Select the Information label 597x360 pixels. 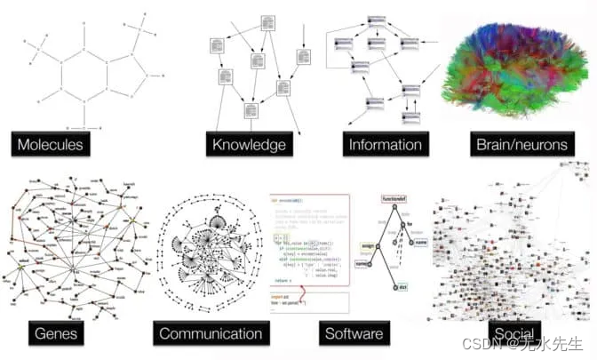(385, 143)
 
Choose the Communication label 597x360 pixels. (211, 334)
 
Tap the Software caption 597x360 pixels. (354, 334)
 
